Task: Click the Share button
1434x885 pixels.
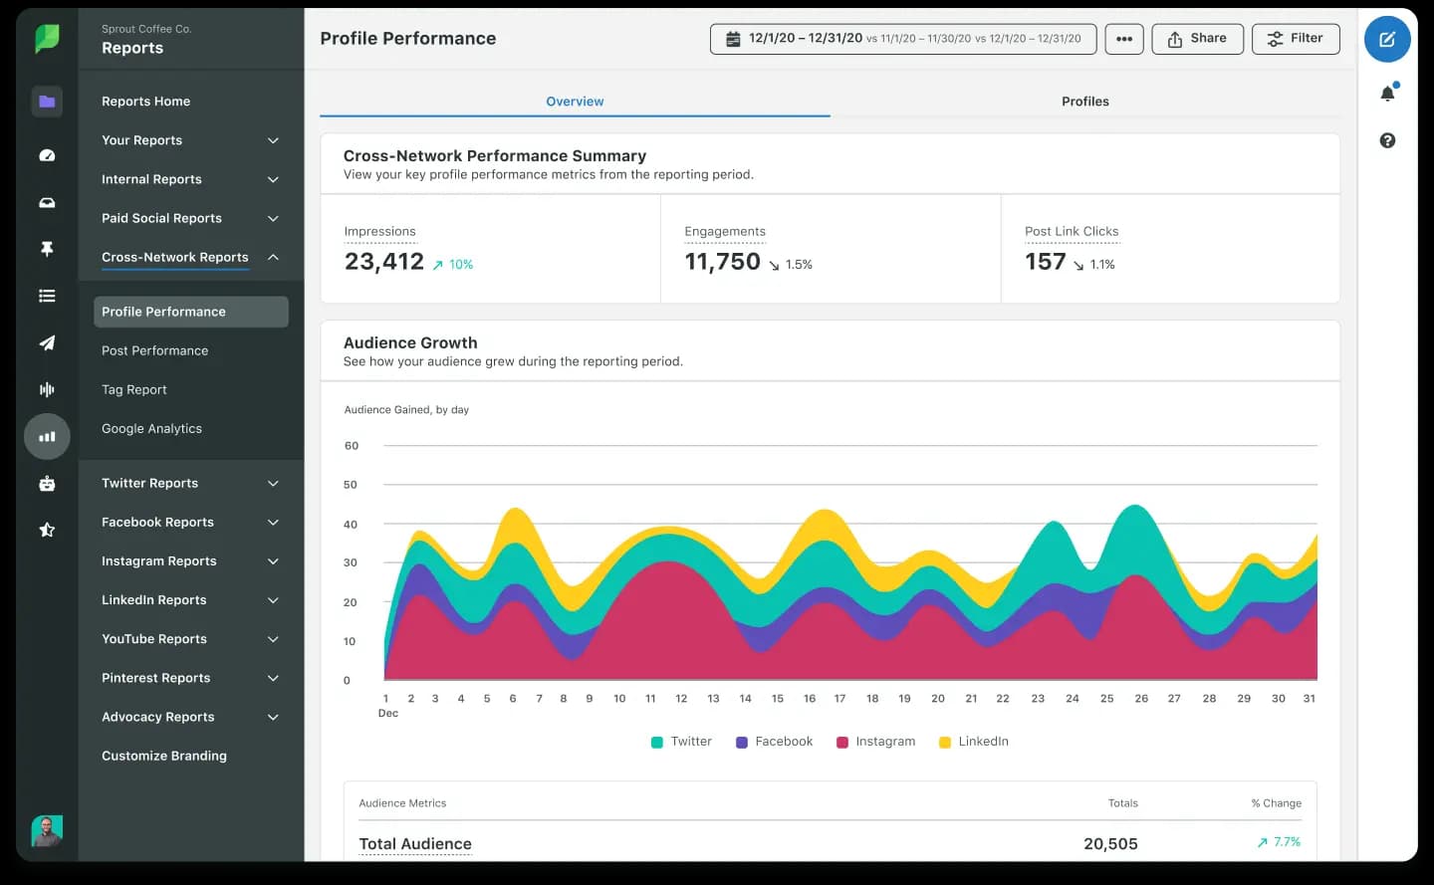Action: point(1197,39)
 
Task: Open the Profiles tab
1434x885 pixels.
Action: point(1084,102)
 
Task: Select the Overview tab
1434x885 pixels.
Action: point(575,102)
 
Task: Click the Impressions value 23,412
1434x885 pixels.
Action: point(384,262)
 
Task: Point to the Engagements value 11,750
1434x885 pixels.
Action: point(722,262)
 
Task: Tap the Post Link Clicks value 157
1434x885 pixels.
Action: point(1045,262)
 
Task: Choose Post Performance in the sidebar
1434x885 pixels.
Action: point(155,350)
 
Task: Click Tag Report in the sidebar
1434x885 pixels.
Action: point(134,389)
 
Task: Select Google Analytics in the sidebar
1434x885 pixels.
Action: point(151,428)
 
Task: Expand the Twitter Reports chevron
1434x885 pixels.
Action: point(273,484)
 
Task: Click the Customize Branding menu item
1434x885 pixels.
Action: point(164,756)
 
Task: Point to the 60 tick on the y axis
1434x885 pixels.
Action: point(352,446)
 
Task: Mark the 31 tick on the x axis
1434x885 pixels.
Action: point(1309,699)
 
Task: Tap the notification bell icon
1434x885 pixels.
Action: point(1387,94)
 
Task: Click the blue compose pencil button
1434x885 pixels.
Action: point(1387,40)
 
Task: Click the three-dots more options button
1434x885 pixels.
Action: point(1124,39)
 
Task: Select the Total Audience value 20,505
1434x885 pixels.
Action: point(1110,844)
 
